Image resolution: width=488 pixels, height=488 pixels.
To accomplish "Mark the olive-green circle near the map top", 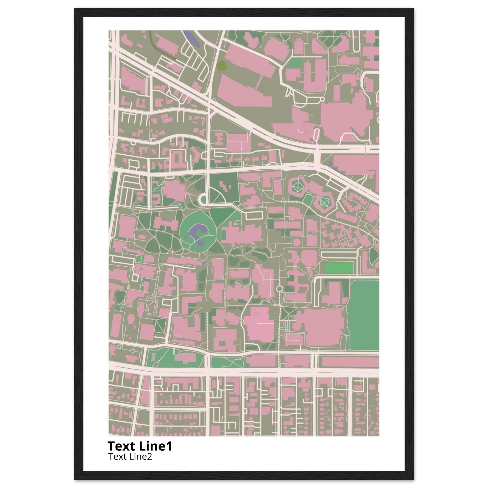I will pos(222,66).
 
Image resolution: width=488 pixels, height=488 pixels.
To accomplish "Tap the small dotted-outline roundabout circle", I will pos(280,289).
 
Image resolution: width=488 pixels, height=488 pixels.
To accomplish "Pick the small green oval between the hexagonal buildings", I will pos(308,200).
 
